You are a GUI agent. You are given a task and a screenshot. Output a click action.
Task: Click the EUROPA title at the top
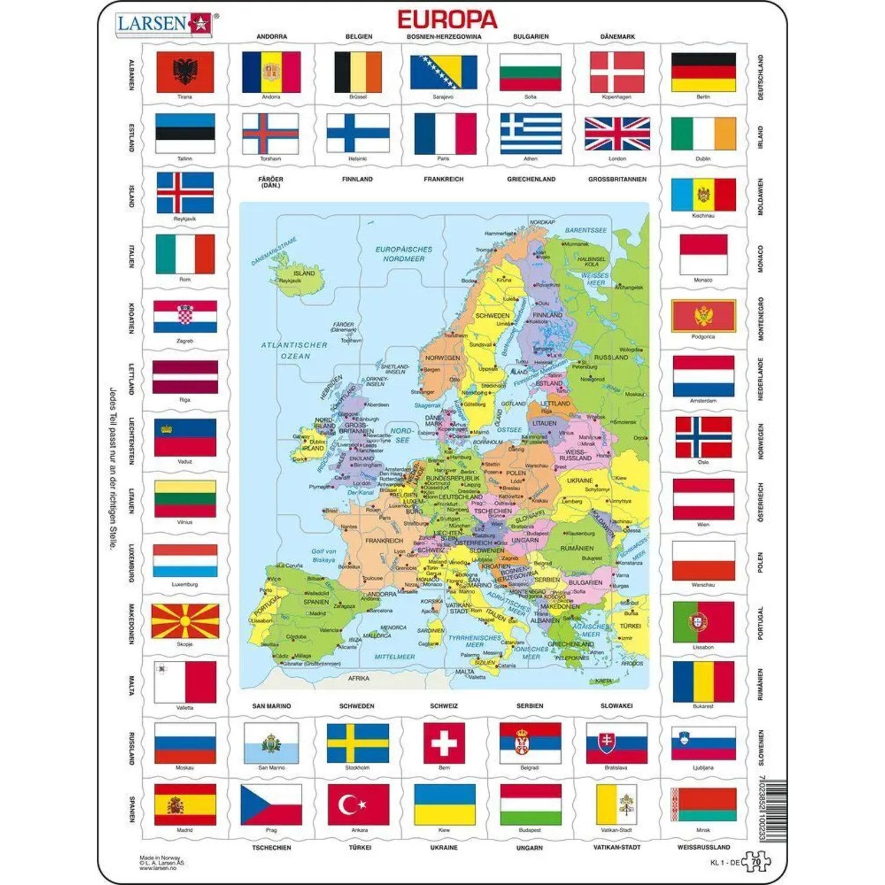coord(447,19)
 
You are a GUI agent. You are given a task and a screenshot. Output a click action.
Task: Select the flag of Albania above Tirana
coord(185,71)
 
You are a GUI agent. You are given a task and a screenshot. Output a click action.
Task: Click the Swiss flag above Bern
coord(444,743)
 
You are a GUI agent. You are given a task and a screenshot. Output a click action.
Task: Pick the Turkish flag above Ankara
coord(358,804)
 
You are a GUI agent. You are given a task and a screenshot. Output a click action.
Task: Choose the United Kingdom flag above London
coord(617,133)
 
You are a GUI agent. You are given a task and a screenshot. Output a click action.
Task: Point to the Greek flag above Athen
coord(530,133)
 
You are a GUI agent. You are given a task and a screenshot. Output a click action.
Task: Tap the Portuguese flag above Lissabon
coord(703,622)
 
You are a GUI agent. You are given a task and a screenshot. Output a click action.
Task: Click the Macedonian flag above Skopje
coord(185,621)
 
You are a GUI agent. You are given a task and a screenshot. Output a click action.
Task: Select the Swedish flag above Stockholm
coord(358,743)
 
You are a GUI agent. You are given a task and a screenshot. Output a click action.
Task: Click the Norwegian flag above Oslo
coord(703,437)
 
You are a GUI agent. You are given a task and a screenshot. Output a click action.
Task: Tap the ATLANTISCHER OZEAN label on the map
coord(294,350)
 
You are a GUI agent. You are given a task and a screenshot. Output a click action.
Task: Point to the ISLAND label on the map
coord(304,273)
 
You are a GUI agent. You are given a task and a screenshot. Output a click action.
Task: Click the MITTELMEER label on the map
coord(395,657)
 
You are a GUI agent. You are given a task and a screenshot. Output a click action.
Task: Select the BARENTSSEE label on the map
coord(585,230)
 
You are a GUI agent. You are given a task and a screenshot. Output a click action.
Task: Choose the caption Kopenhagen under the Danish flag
coord(617,97)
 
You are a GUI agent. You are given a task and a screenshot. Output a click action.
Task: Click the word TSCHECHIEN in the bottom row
coord(271,847)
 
